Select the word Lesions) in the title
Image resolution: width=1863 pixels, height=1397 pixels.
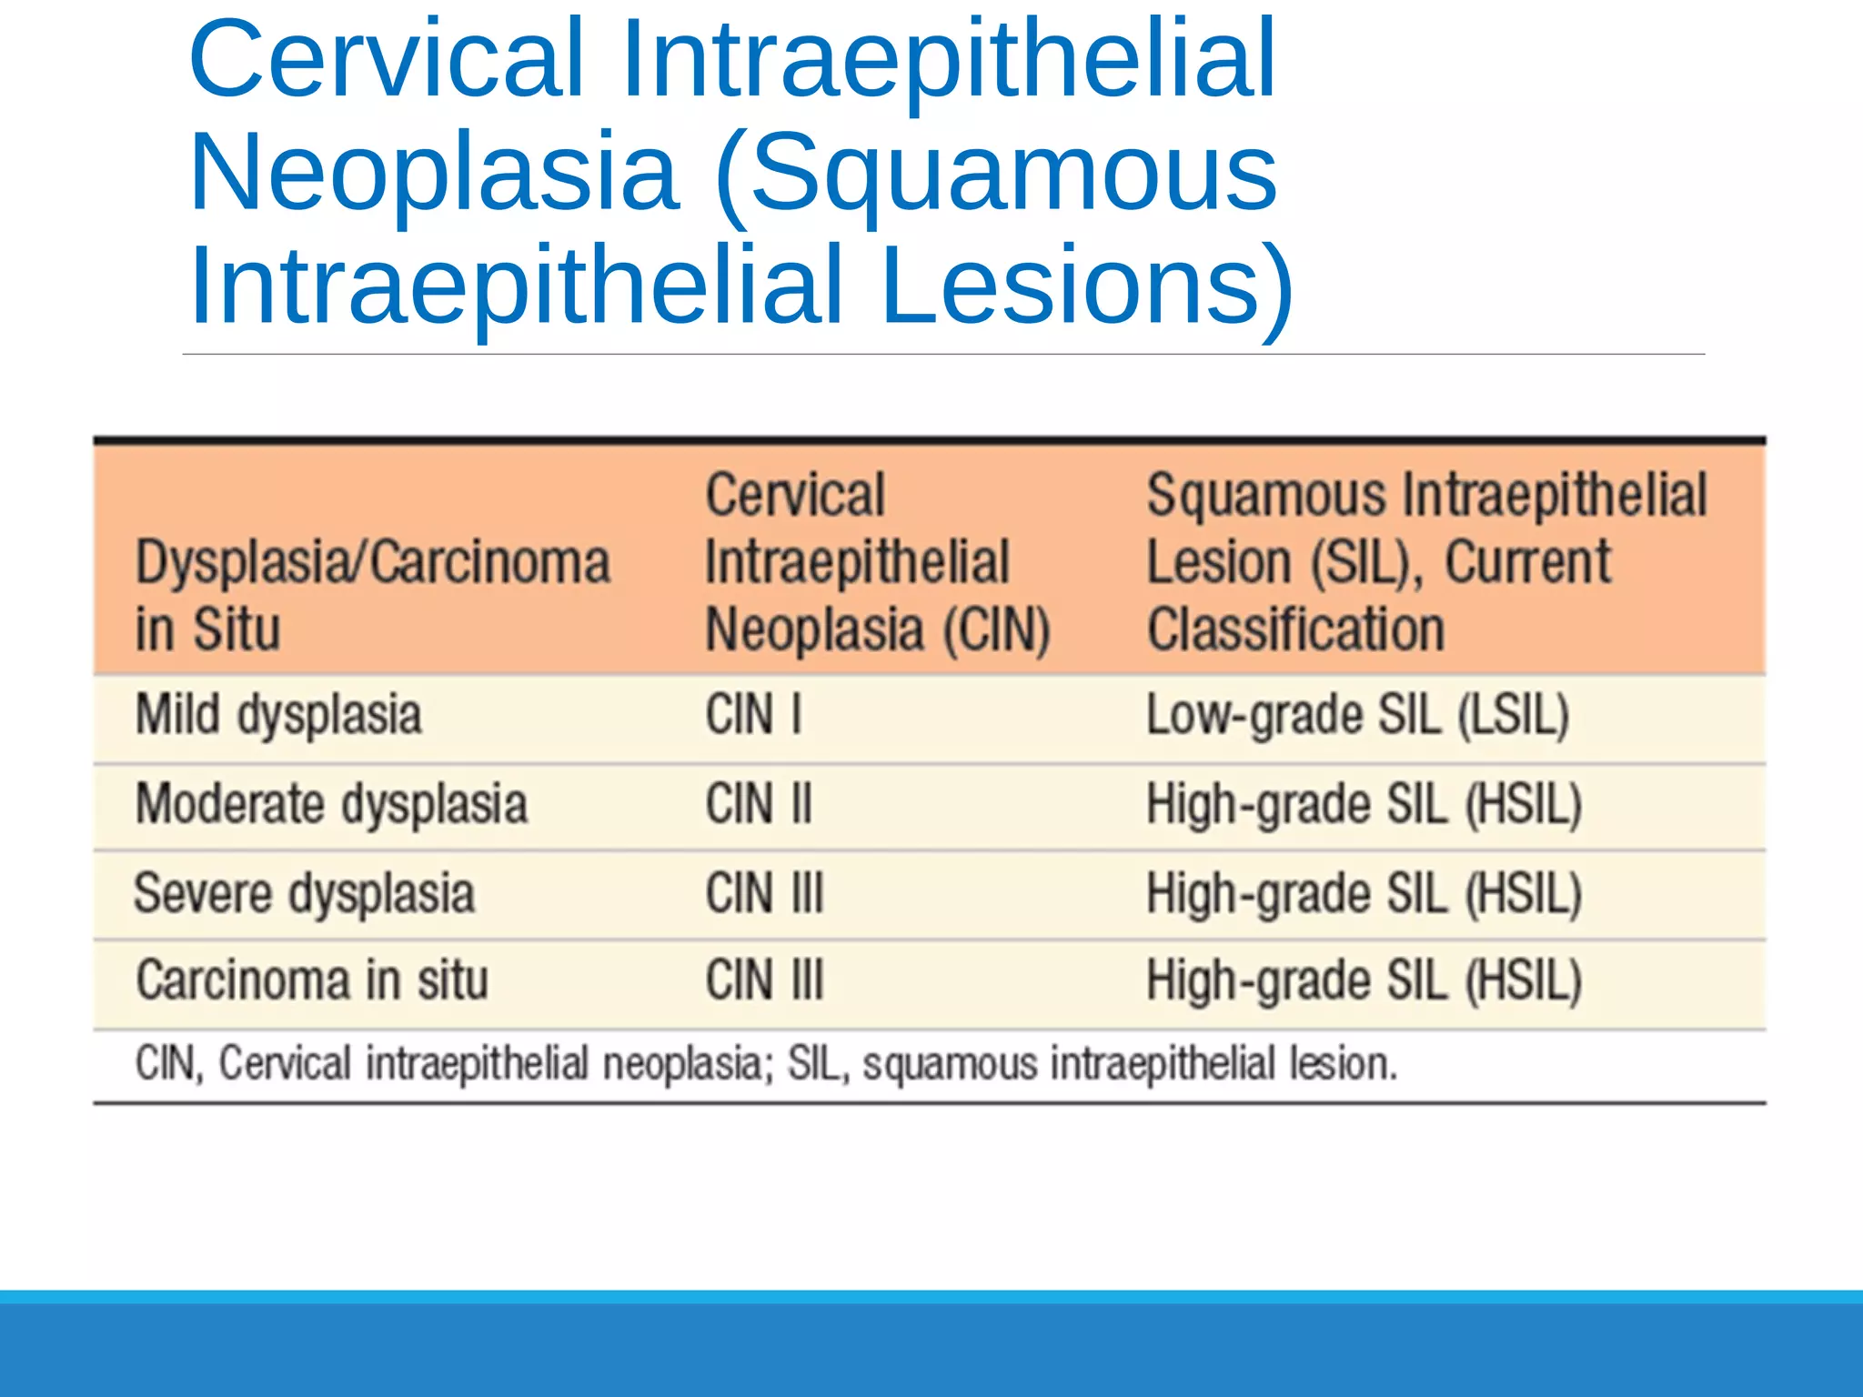coord(1087,286)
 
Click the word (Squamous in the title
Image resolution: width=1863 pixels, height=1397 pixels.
coord(996,173)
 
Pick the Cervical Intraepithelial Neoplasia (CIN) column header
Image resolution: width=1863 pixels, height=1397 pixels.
coord(877,562)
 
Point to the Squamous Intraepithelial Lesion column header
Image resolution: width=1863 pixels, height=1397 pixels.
coord(1425,562)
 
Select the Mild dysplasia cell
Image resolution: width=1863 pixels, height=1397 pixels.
coord(278,715)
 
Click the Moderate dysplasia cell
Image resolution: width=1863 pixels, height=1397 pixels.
coord(331,804)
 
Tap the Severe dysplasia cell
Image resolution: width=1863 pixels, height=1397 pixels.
coord(304,893)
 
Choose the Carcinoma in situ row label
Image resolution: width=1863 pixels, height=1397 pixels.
coord(311,980)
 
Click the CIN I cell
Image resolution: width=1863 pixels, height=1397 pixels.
coord(753,715)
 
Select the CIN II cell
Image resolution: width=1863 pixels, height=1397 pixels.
coord(759,804)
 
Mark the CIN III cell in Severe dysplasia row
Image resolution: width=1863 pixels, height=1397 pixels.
coord(764,893)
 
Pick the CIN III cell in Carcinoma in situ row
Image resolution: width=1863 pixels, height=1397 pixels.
coord(764,980)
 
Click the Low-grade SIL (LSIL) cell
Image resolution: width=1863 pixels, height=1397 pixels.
coord(1357,715)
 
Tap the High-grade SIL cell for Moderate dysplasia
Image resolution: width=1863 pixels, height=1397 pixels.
coord(1363,804)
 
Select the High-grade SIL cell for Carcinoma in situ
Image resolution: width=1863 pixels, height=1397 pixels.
coord(1363,980)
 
